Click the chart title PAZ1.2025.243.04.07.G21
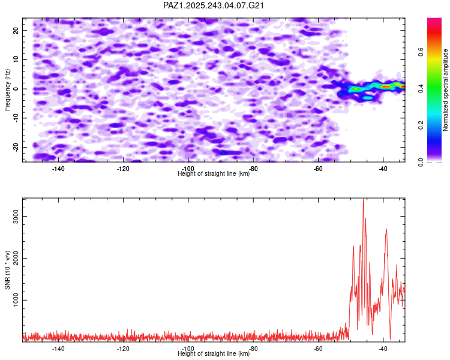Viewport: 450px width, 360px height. pyautogui.click(x=214, y=5)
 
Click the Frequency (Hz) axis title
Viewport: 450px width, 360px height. pyautogui.click(x=7, y=89)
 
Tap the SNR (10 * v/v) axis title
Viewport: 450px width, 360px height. pyautogui.click(x=7, y=269)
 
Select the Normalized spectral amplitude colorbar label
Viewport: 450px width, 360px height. pyautogui.click(x=446, y=90)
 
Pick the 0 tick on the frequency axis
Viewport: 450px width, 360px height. pyautogui.click(x=17, y=89)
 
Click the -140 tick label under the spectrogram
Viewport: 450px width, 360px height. pyautogui.click(x=58, y=169)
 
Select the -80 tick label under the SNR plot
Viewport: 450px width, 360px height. pyautogui.click(x=253, y=348)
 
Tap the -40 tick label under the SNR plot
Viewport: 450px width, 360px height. pyautogui.click(x=383, y=348)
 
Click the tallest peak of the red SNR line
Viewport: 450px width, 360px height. pyautogui.click(x=363, y=200)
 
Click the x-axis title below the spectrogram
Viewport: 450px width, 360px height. pyautogui.click(x=214, y=173)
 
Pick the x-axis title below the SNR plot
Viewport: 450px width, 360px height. pyautogui.click(x=214, y=353)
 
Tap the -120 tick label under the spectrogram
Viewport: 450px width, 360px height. pyautogui.click(x=123, y=169)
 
